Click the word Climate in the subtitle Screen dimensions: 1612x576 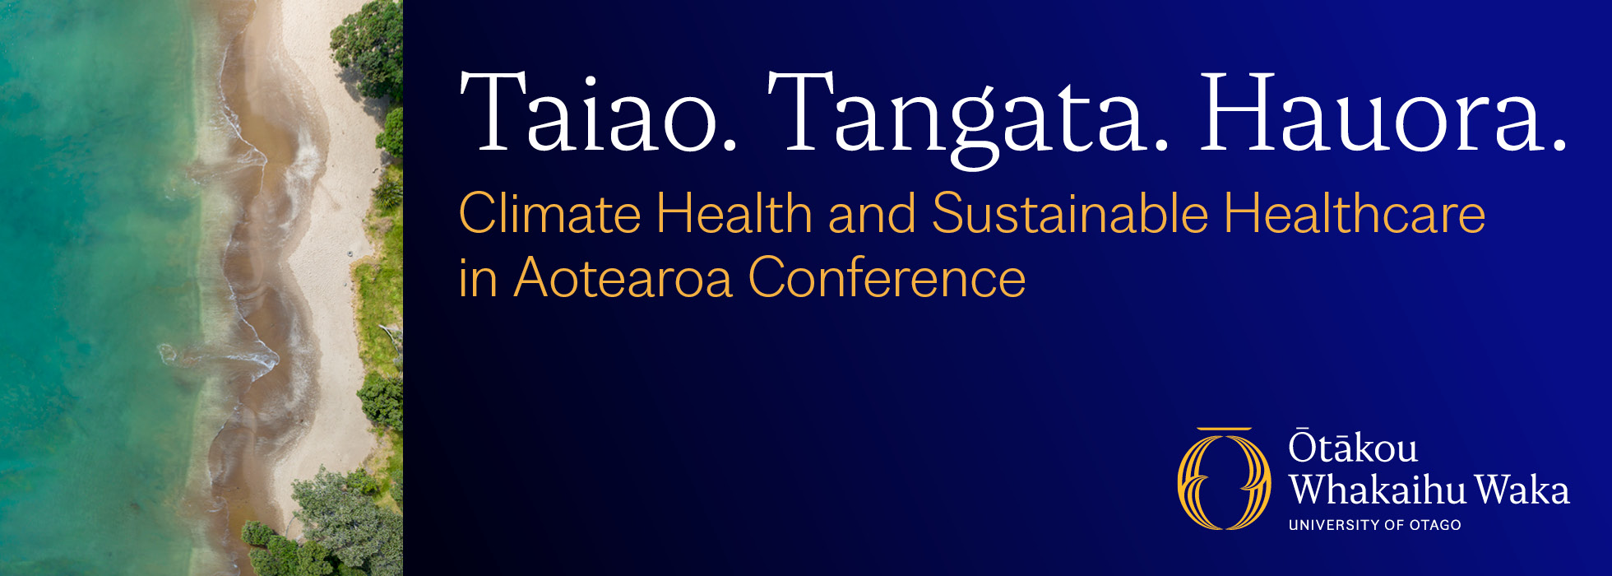549,213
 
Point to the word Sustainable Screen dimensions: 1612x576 1070,213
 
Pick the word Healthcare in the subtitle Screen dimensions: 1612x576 1355,213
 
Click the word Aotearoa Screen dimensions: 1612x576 623,278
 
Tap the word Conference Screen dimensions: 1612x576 887,278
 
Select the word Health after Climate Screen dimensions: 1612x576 734,213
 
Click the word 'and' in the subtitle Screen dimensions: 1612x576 872,213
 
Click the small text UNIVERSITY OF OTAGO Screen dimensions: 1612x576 1374,525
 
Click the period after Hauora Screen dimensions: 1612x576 1559,146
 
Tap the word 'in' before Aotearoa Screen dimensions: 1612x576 478,278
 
